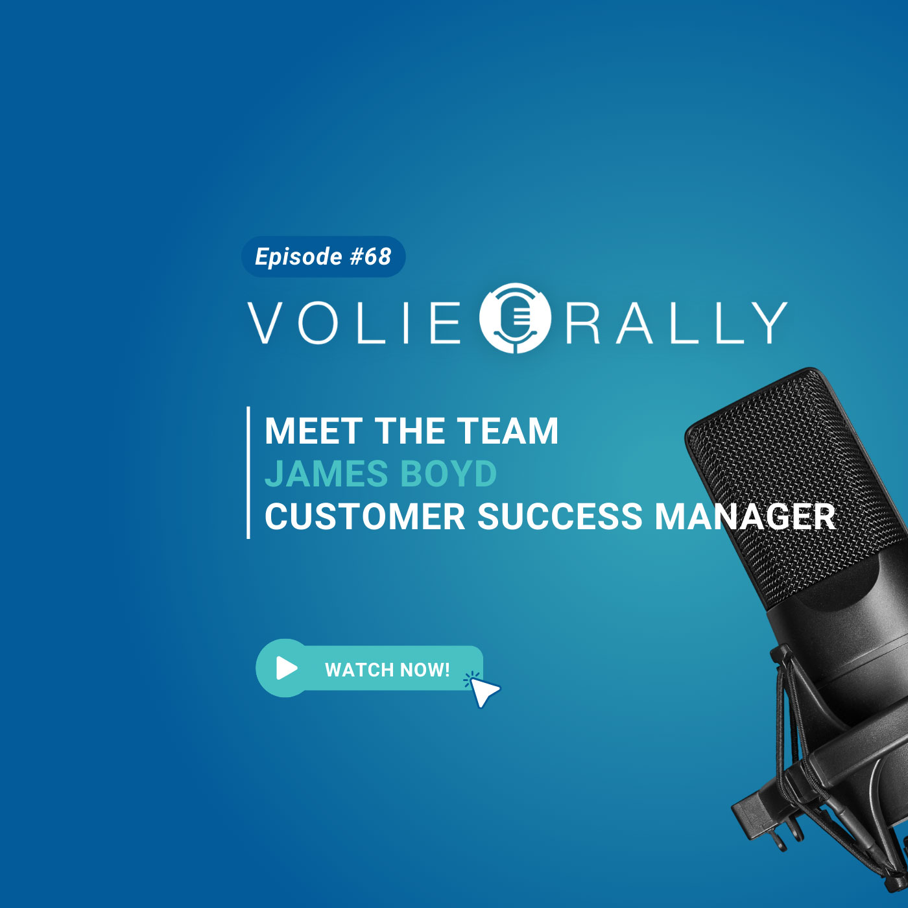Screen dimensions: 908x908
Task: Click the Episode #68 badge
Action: coord(323,256)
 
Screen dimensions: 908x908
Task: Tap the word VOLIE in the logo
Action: coord(354,323)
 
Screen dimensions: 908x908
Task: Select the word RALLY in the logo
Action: coord(676,323)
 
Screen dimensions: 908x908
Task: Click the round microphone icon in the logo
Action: coord(514,318)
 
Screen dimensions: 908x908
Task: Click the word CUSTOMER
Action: coord(365,516)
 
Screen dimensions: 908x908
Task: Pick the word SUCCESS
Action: coord(560,516)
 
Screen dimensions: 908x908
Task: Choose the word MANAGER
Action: coord(745,516)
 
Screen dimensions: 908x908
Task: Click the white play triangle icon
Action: coord(287,667)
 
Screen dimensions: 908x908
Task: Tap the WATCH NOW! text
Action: coord(387,669)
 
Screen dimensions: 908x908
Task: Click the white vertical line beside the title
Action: coord(248,473)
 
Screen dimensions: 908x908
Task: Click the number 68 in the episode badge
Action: coord(377,256)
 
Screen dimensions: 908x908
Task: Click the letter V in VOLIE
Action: coord(266,323)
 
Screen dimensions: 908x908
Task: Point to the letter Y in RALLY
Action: coord(769,323)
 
